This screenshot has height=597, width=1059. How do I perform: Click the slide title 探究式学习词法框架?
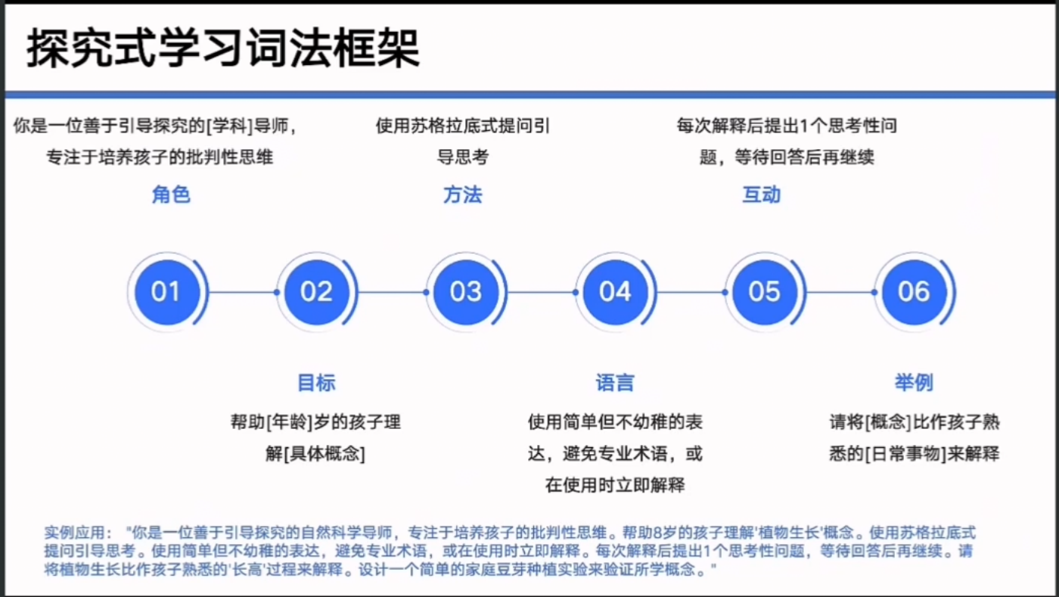223,49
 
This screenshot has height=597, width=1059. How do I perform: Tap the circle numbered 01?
166,291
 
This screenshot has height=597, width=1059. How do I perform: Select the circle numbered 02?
316,291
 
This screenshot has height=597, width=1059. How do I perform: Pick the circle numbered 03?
465,291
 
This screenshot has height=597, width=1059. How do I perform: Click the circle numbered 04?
614,291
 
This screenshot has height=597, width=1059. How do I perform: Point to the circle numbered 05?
764,291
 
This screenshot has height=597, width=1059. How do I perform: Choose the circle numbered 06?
913,291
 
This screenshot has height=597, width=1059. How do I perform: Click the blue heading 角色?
171,195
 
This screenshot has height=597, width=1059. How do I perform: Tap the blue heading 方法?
462,195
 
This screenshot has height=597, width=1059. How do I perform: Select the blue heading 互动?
762,195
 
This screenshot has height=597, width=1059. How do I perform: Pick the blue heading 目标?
316,383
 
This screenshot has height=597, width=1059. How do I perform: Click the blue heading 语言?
615,383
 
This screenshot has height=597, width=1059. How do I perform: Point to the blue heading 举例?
914,383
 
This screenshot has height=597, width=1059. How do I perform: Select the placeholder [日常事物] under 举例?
905,454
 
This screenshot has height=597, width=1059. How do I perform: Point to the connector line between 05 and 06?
840,292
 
